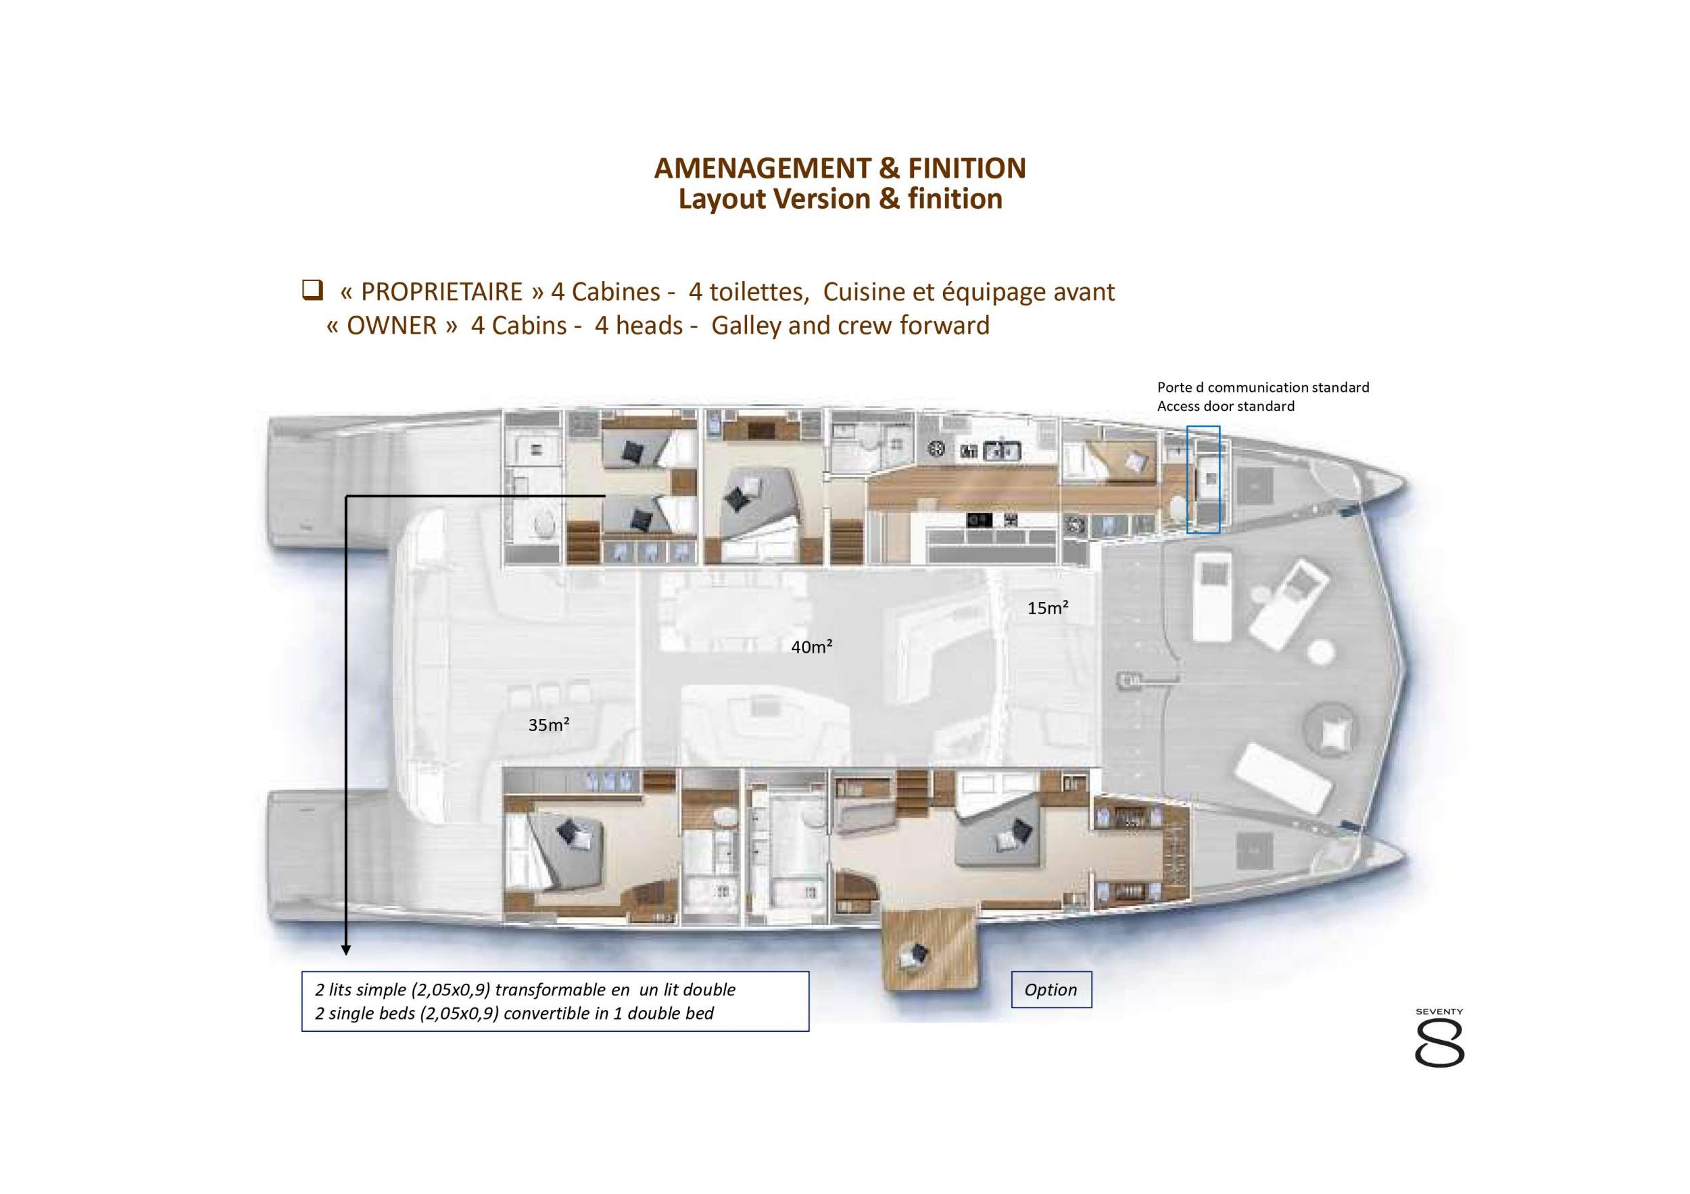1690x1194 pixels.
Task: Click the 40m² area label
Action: click(811, 647)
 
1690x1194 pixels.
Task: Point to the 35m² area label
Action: click(549, 724)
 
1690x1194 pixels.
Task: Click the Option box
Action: click(1051, 989)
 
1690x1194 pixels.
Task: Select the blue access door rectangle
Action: click(1203, 479)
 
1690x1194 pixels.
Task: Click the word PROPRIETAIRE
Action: click(441, 292)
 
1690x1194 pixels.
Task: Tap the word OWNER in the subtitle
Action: click(391, 325)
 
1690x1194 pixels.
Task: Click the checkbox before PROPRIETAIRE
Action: click(312, 290)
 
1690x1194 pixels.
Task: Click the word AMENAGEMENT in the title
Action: click(763, 168)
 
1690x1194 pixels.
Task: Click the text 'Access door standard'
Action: click(1225, 406)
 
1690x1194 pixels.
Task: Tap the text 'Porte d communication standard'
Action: click(1262, 387)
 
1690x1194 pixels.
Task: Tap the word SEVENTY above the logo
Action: click(1439, 1012)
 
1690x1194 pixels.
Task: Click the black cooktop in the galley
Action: click(979, 520)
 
